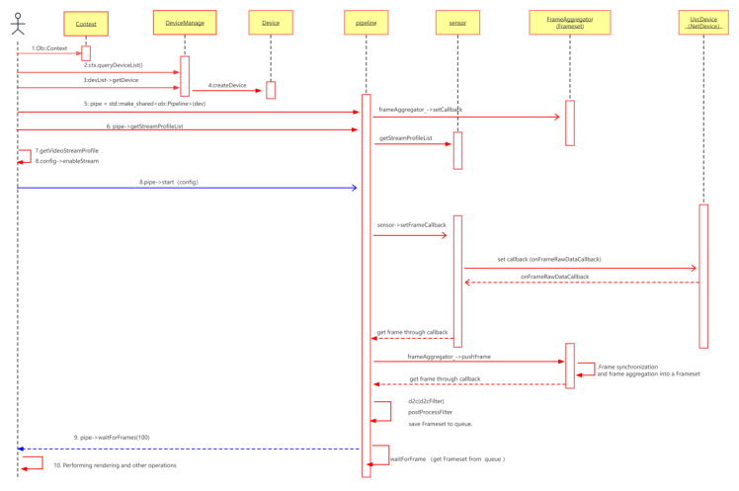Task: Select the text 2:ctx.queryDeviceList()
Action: pos(113,65)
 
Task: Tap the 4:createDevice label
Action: pos(228,85)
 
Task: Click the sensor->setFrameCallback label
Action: pos(412,225)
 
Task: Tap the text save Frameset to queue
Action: pos(440,424)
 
